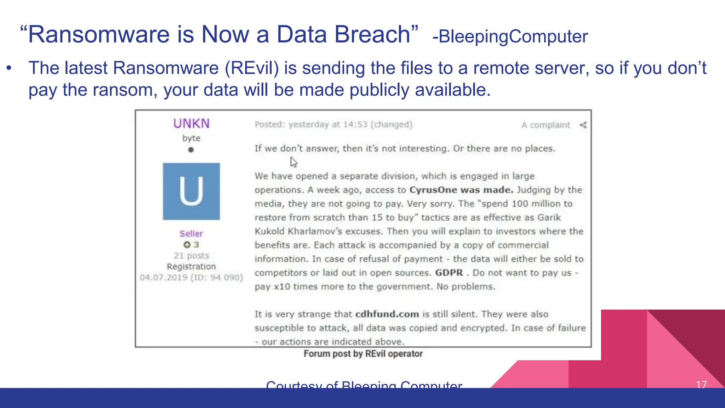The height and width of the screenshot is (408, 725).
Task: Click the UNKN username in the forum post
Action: [x=191, y=124]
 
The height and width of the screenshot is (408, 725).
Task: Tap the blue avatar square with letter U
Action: [x=191, y=191]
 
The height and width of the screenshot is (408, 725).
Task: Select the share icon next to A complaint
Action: [x=583, y=125]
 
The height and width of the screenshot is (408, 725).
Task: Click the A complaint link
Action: [x=546, y=125]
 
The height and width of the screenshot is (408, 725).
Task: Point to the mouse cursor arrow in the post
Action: [x=293, y=162]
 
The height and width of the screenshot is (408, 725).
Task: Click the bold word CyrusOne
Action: [x=433, y=190]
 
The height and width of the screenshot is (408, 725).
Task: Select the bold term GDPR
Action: [x=449, y=273]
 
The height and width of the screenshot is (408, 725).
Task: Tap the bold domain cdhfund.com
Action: [x=387, y=314]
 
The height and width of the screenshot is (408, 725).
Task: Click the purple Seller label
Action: [x=191, y=234]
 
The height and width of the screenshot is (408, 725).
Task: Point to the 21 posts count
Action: [x=191, y=256]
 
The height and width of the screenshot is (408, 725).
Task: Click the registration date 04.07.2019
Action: [x=163, y=277]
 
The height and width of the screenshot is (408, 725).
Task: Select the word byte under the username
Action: [x=191, y=138]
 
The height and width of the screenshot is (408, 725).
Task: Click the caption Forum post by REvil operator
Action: [x=363, y=354]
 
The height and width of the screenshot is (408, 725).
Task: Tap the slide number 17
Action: [x=701, y=384]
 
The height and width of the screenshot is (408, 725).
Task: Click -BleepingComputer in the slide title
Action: [x=510, y=36]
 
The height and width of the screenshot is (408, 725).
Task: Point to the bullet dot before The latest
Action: [x=9, y=68]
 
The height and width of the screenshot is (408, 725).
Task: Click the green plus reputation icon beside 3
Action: [x=187, y=245]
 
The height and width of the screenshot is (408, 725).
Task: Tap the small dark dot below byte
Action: [x=191, y=150]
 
